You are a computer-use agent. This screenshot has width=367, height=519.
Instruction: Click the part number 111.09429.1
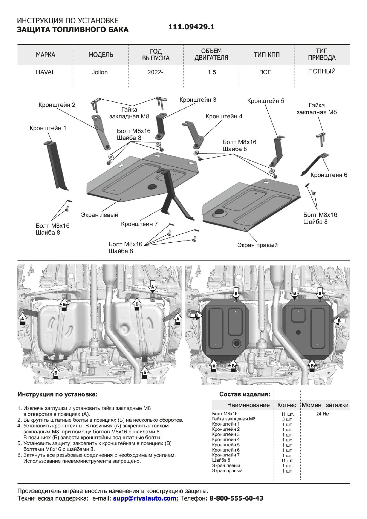click(191, 27)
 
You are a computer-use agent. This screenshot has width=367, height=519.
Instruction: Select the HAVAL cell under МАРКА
click(45, 72)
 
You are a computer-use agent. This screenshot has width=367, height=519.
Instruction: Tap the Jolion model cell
click(99, 72)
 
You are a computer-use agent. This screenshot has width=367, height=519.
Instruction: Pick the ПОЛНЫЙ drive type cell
click(322, 71)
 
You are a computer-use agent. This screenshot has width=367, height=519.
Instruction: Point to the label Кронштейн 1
click(48, 128)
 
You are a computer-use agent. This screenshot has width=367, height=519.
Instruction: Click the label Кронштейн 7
click(139, 224)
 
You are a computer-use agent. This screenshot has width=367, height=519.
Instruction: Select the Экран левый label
click(99, 215)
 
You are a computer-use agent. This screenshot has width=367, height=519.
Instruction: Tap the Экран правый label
click(257, 245)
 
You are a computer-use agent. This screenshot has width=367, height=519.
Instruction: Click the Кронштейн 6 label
click(329, 175)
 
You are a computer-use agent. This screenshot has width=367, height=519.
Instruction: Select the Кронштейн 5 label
click(266, 101)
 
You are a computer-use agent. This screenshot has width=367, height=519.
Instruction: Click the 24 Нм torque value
click(323, 414)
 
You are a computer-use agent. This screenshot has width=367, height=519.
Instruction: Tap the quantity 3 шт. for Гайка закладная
click(287, 419)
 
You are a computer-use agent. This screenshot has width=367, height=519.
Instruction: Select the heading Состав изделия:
click(244, 394)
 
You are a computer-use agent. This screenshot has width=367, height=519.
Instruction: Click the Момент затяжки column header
click(325, 405)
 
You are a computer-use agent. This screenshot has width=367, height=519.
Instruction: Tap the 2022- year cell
click(155, 72)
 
